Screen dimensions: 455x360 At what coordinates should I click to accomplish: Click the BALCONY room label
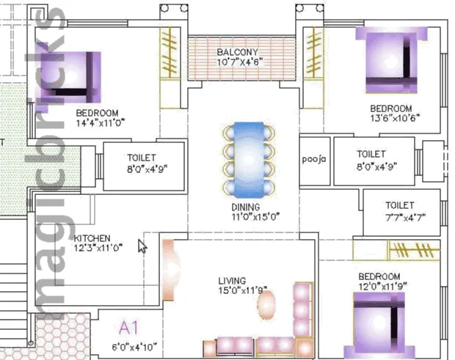pyautogui.click(x=237, y=52)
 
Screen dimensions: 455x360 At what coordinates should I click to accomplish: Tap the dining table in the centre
pyautogui.click(x=249, y=160)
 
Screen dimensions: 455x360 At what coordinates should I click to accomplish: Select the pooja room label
pyautogui.click(x=314, y=159)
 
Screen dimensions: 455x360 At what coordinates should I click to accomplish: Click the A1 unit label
pyautogui.click(x=129, y=328)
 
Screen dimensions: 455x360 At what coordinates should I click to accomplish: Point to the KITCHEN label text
pyautogui.click(x=92, y=238)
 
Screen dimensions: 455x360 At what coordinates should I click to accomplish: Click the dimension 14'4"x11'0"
pyautogui.click(x=101, y=123)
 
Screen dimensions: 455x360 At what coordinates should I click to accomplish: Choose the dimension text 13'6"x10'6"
pyautogui.click(x=395, y=118)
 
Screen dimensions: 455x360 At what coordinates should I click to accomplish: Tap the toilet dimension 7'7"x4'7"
pyautogui.click(x=405, y=217)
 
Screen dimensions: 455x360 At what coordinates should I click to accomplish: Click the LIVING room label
pyautogui.click(x=232, y=281)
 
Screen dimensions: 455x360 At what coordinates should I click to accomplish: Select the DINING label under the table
pyautogui.click(x=246, y=207)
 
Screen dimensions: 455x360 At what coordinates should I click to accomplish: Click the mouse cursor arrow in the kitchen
pyautogui.click(x=142, y=246)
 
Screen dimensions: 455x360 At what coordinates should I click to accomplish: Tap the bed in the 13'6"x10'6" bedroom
pyautogui.click(x=391, y=60)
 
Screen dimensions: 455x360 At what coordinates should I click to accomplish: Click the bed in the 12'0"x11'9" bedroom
pyautogui.click(x=379, y=326)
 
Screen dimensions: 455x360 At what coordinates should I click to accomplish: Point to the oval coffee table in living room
pyautogui.click(x=266, y=305)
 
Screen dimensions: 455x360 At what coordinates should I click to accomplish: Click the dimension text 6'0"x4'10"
pyautogui.click(x=134, y=347)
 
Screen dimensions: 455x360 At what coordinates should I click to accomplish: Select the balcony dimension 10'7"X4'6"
pyautogui.click(x=240, y=62)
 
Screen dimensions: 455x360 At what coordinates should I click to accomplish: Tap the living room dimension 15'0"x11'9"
pyautogui.click(x=243, y=290)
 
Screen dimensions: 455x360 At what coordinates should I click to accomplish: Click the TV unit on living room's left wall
pyautogui.click(x=170, y=270)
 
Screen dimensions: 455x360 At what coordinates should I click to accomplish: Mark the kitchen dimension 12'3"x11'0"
pyautogui.click(x=98, y=248)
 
